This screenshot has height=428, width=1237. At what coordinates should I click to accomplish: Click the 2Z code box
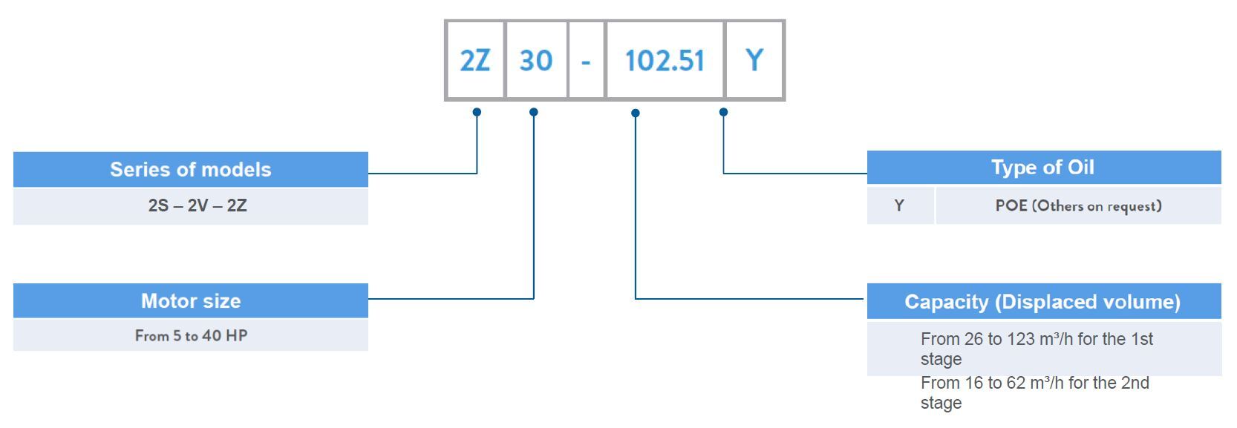pos(475,60)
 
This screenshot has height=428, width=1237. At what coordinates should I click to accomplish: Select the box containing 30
pos(536,60)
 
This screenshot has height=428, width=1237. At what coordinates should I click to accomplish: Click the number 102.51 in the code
pos(665,60)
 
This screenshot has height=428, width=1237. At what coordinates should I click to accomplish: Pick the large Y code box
pos(754,60)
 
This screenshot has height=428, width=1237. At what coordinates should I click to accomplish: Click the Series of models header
pos(191,169)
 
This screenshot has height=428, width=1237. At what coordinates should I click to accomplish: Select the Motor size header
pos(191,300)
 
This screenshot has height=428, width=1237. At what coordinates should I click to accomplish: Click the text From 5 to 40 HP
pos(191,335)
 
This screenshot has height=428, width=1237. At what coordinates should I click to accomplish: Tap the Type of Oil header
pos(1043,168)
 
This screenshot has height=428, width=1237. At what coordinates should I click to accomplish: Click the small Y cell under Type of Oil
pos(899,205)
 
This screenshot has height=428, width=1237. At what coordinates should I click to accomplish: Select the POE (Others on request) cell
pos(1078,205)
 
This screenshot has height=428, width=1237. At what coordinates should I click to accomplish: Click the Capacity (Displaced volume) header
pos(1043,302)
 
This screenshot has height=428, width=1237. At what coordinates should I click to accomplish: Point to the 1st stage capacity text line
pos(1037,340)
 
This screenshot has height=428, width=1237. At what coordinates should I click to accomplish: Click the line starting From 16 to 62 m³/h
pos(1034,383)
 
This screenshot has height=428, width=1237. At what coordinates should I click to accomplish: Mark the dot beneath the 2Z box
pos(477,112)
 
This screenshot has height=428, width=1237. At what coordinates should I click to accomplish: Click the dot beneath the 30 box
pos(534,112)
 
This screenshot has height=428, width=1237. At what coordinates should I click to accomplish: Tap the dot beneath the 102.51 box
pos(636,113)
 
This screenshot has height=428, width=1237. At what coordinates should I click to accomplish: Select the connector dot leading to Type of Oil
pos(723,112)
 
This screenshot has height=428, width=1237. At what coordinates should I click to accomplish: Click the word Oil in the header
pos(1080,168)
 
